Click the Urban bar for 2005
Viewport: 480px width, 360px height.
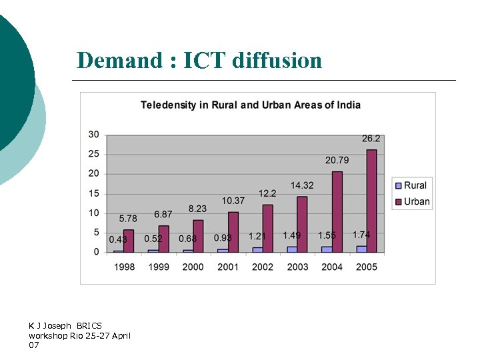pyautogui.click(x=371, y=201)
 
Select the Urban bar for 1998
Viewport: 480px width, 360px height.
pyautogui.click(x=129, y=241)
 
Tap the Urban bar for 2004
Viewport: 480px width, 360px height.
pyautogui.click(x=337, y=211)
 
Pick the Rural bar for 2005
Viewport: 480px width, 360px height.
pyautogui.click(x=361, y=249)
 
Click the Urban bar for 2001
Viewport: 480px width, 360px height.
pyautogui.click(x=233, y=231)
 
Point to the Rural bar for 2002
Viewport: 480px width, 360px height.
pyautogui.click(x=257, y=249)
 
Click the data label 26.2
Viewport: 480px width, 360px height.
pyautogui.click(x=371, y=139)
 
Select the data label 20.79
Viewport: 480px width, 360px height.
pyautogui.click(x=337, y=160)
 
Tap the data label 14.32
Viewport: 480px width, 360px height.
pyautogui.click(x=302, y=185)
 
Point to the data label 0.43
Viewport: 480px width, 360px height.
pyautogui.click(x=118, y=239)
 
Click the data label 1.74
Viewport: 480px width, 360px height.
pyautogui.click(x=361, y=235)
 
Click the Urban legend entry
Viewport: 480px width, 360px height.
pyautogui.click(x=412, y=201)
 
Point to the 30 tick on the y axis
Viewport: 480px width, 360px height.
pyautogui.click(x=93, y=134)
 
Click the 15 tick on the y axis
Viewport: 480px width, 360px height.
pyautogui.click(x=93, y=193)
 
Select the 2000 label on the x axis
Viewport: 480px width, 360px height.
pyautogui.click(x=193, y=267)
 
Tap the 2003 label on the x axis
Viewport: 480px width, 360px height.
pyautogui.click(x=297, y=267)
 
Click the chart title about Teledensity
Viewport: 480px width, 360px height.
pyautogui.click(x=250, y=105)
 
